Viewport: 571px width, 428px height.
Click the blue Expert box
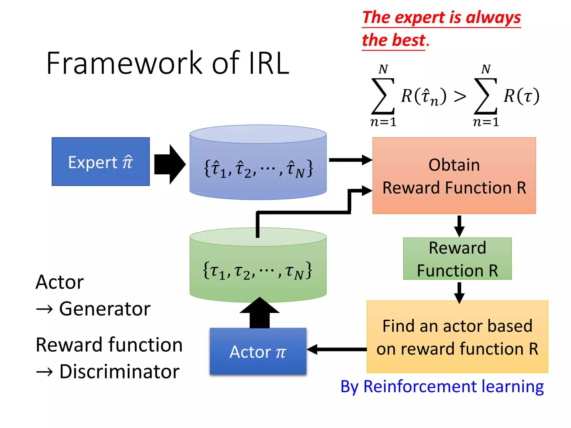click(x=101, y=162)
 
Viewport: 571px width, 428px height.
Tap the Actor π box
click(x=258, y=351)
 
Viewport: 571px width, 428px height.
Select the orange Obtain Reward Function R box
click(x=454, y=176)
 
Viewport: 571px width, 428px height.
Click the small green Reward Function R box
click(x=457, y=259)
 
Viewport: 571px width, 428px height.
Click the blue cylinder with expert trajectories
click(x=258, y=167)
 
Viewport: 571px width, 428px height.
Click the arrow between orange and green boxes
click(x=459, y=226)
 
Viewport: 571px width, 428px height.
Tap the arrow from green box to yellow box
click(x=459, y=293)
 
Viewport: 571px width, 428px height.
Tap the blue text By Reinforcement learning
click(x=442, y=387)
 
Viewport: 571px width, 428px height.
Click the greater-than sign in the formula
click(x=460, y=97)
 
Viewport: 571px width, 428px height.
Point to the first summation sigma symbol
click(x=383, y=96)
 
